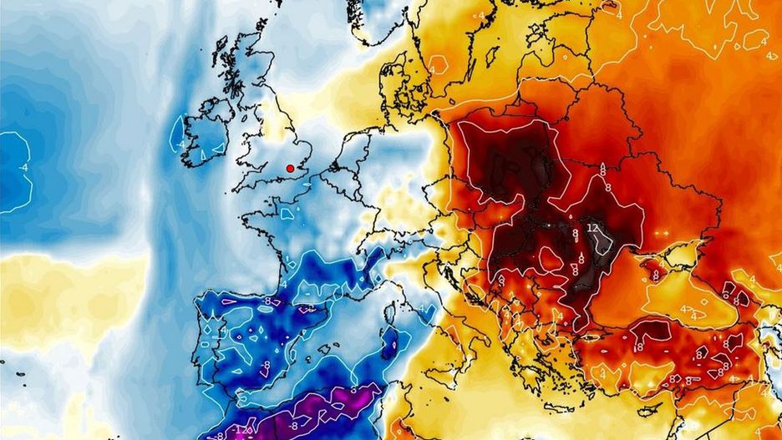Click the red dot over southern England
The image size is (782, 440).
pyautogui.click(x=290, y=168)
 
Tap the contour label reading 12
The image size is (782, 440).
pyautogui.click(x=592, y=227)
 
